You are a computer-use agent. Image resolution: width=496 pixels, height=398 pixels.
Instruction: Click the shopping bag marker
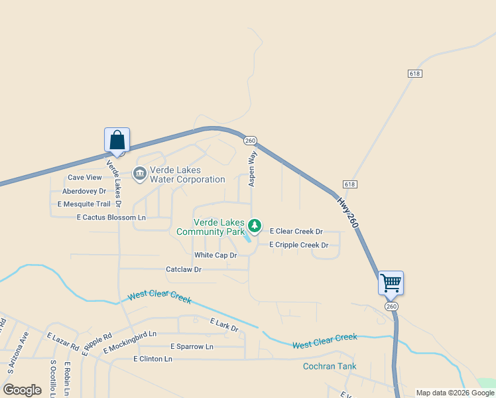[117, 141]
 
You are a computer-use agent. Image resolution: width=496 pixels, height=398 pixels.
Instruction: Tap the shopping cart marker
[391, 283]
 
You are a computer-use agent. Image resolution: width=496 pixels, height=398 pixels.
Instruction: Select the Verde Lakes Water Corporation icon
[140, 174]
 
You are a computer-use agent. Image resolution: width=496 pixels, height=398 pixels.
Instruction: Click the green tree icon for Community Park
[254, 227]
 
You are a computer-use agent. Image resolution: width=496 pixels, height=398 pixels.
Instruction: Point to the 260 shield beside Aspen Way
[250, 141]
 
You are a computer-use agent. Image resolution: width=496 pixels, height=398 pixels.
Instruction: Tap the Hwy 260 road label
[347, 213]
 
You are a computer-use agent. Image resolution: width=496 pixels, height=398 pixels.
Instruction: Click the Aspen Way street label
[252, 168]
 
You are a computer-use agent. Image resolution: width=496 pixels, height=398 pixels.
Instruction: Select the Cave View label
[85, 178]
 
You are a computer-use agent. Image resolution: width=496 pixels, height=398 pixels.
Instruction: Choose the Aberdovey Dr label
[84, 191]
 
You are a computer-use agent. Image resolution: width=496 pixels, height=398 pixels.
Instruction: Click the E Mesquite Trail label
[84, 204]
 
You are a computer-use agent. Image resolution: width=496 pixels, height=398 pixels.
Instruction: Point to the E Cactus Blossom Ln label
[111, 218]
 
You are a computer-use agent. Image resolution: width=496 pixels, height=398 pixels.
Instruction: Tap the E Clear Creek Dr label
[296, 232]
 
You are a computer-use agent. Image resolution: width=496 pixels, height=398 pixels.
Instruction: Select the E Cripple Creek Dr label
[298, 245]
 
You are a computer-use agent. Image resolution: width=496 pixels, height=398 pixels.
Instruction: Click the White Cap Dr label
[216, 255]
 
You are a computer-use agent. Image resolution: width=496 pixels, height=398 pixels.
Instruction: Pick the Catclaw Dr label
[183, 270]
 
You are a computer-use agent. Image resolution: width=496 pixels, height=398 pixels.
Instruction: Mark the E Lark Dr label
[224, 324]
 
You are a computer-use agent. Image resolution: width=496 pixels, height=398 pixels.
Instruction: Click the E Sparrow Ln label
[192, 347]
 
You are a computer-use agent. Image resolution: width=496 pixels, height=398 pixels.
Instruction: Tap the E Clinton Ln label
[153, 359]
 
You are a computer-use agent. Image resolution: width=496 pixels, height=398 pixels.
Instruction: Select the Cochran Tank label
[330, 366]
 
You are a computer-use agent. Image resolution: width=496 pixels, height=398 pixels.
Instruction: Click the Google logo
[23, 390]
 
